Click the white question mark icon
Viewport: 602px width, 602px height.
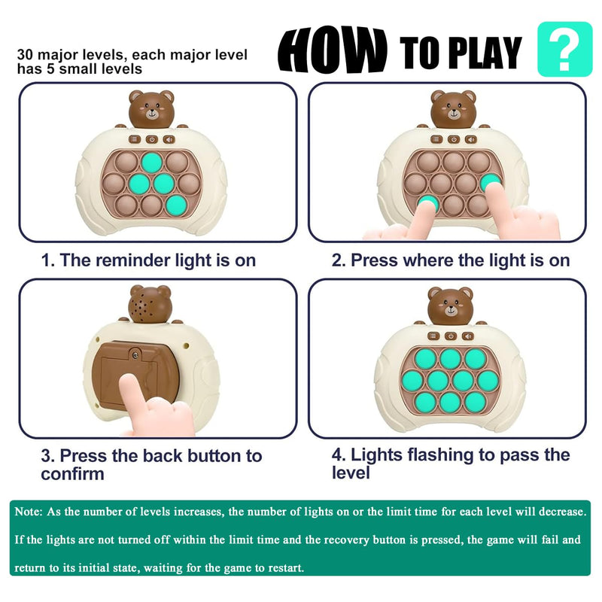[x=564, y=50]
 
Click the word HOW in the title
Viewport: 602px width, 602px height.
[x=333, y=50]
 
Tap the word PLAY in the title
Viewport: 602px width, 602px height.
[x=485, y=53]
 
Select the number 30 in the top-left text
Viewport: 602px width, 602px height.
[x=25, y=54]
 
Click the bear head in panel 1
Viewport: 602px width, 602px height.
[x=151, y=109]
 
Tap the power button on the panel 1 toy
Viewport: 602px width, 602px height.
[x=152, y=139]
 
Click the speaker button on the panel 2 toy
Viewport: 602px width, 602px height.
[x=471, y=139]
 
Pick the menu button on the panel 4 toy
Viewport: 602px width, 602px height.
[x=433, y=336]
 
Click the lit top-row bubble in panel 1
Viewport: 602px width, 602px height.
[x=152, y=163]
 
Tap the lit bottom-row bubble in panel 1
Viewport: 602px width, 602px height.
[x=177, y=205]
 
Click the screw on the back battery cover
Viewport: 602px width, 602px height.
[x=135, y=355]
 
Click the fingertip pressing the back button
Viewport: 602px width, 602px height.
[x=129, y=382]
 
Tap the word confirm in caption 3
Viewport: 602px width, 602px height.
[x=72, y=474]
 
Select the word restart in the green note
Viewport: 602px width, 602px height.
[x=284, y=568]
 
